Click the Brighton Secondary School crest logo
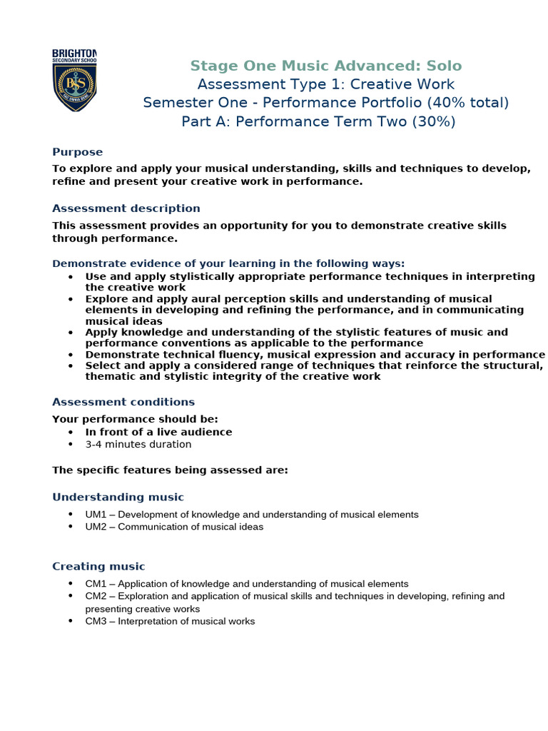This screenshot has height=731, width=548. (75, 80)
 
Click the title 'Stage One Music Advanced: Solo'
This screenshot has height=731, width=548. (326, 66)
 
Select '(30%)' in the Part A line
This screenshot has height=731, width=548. (433, 121)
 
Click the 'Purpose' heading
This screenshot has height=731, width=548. (77, 152)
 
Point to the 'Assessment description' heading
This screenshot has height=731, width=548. (126, 208)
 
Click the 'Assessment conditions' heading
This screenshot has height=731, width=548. (123, 402)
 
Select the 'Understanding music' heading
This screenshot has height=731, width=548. (118, 497)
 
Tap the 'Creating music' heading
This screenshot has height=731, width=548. (98, 566)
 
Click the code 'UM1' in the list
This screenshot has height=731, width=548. (96, 515)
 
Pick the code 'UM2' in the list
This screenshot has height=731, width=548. (96, 527)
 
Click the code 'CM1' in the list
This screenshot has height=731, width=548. (96, 584)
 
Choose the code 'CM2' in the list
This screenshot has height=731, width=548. (96, 596)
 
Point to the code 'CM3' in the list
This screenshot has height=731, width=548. (96, 622)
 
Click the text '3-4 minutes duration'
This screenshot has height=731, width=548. (138, 444)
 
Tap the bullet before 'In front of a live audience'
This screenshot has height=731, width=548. (71, 432)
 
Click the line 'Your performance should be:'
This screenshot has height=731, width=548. (136, 419)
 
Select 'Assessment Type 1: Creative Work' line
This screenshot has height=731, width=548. (326, 84)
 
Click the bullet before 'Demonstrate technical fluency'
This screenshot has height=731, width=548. (71, 355)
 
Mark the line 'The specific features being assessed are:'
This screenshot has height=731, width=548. (171, 470)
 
